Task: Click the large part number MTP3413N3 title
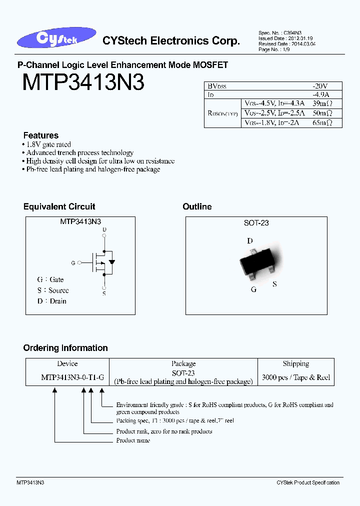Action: tap(83, 82)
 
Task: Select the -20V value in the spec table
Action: tap(320, 86)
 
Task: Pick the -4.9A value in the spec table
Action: tap(320, 94)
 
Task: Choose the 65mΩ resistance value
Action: tap(321, 122)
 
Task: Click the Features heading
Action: tap(41, 135)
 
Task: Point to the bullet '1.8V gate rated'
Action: tap(46, 144)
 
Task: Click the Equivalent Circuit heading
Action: tap(59, 206)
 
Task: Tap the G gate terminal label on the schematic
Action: tap(73, 262)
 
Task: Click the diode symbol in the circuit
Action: tap(112, 261)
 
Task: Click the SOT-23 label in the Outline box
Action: tap(256, 223)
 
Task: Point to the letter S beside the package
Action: tap(274, 284)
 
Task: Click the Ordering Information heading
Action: tap(65, 348)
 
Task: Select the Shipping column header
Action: tap(295, 364)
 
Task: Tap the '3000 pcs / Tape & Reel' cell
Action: tap(296, 377)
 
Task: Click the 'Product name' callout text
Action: tap(133, 440)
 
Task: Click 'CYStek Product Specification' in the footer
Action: tap(307, 482)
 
